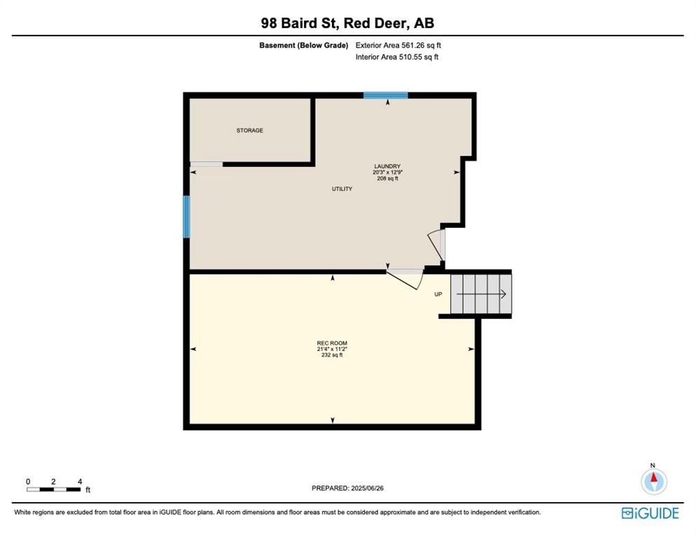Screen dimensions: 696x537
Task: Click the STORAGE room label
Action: tap(249, 130)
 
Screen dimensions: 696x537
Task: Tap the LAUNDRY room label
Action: tap(387, 166)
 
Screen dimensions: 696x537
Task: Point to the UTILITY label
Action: tap(342, 189)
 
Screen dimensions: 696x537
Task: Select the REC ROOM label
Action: tap(332, 343)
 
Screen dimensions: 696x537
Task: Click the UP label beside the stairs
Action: tap(438, 294)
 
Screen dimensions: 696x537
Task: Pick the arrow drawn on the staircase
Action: tap(481, 294)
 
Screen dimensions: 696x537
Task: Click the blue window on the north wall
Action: tap(386, 95)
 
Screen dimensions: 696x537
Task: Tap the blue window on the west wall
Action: tap(186, 217)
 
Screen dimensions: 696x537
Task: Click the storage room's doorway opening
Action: tap(207, 164)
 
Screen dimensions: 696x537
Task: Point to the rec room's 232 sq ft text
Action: tap(332, 355)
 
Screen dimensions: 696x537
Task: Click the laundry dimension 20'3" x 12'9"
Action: tap(387, 172)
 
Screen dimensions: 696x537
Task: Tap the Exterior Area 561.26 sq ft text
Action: tap(398, 45)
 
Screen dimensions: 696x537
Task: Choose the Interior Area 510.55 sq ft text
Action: tap(397, 57)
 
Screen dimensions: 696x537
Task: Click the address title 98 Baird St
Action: tap(300, 23)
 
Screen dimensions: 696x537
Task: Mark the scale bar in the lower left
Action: tap(54, 489)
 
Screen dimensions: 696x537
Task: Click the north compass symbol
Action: tap(653, 480)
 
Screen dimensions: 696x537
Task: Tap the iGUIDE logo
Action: tap(650, 513)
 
